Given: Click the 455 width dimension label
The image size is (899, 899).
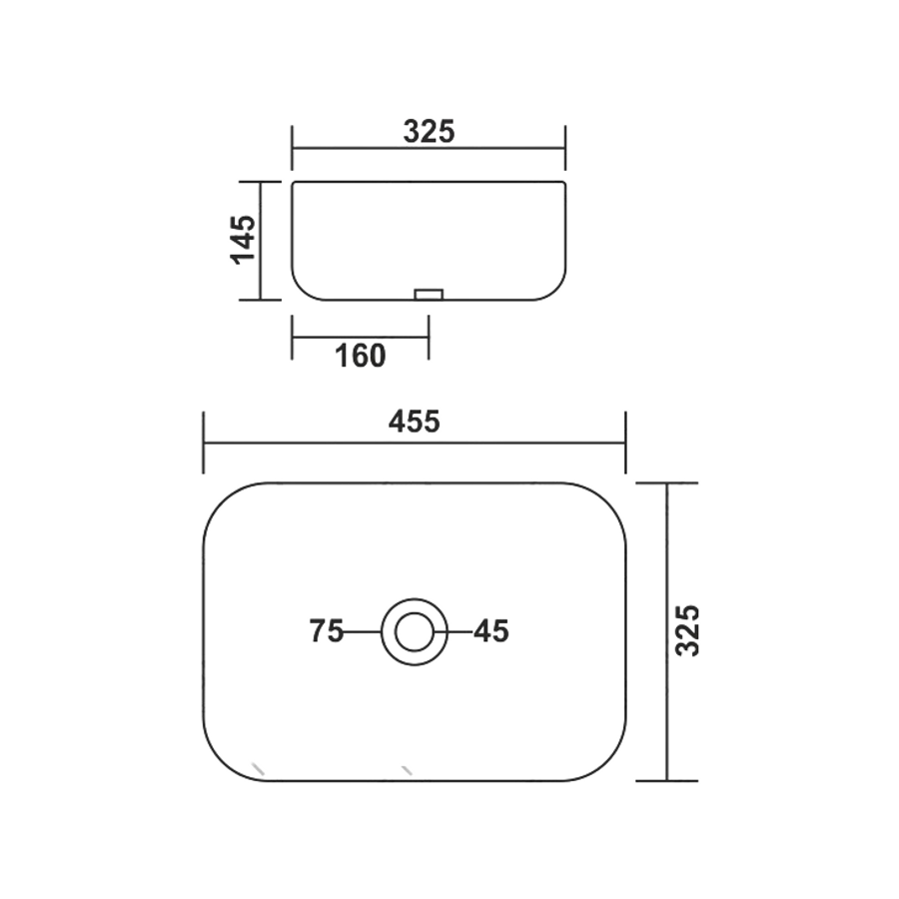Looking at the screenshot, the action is [x=414, y=422].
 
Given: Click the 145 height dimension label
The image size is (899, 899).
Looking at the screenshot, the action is [x=243, y=240].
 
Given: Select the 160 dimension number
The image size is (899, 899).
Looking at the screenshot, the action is [x=360, y=356].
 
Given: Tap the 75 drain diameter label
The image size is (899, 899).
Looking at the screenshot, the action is [x=327, y=630].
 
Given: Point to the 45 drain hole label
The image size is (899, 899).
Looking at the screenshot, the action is [x=491, y=630].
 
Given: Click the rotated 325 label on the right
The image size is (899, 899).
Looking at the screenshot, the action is [x=687, y=630].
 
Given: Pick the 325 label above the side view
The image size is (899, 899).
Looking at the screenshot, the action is [x=429, y=131].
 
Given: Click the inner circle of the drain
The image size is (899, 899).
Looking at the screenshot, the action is [x=415, y=613].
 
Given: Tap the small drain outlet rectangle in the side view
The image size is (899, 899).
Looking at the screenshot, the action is [x=429, y=294].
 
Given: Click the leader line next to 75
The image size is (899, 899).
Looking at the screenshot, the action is [x=363, y=632].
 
